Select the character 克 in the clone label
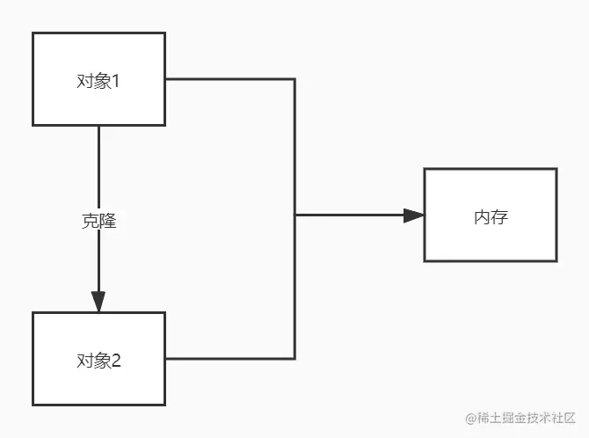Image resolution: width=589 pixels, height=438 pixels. (x=90, y=222)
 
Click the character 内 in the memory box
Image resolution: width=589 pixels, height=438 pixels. (x=481, y=216)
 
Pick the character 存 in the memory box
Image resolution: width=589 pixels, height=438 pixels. (x=498, y=216)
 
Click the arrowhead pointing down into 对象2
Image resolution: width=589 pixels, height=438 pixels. (x=98, y=301)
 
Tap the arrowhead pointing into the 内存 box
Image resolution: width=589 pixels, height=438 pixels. (x=413, y=215)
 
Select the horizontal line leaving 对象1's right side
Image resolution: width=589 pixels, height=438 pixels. (x=229, y=79)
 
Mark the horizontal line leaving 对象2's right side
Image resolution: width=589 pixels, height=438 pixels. (x=229, y=358)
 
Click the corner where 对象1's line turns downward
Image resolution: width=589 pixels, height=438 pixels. (x=294, y=79)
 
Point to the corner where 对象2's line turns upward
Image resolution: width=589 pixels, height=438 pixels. (x=294, y=358)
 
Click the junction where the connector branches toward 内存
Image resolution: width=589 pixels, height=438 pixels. (x=294, y=215)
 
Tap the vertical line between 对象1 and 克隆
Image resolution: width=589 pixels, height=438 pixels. (x=98, y=167)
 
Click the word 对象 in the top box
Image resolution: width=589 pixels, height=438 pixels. (x=91, y=82)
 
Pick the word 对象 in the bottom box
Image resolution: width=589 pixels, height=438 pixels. (x=91, y=360)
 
